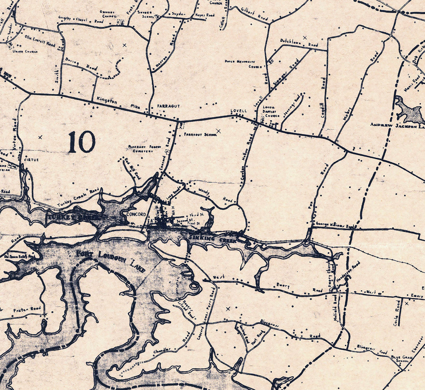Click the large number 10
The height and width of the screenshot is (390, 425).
(x=82, y=142)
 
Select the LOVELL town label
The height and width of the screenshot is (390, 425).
(x=239, y=111)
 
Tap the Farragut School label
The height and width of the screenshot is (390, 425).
(x=198, y=134)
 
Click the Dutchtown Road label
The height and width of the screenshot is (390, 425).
(x=299, y=43)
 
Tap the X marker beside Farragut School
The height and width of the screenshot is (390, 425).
(x=218, y=131)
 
